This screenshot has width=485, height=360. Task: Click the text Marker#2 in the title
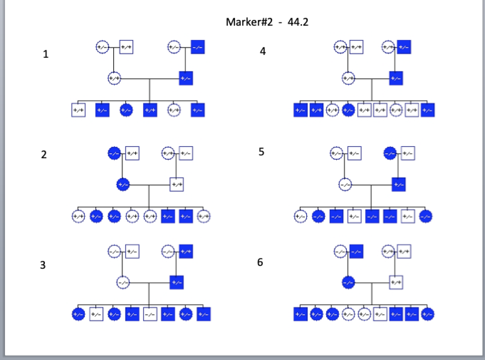tap(249, 22)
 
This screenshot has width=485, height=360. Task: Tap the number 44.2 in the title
tap(298, 22)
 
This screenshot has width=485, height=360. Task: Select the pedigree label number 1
tap(46, 54)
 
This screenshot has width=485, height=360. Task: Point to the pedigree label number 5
tap(261, 152)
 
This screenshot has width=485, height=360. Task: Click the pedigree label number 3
tap(43, 265)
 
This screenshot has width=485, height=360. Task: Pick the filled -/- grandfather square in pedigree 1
tap(198, 47)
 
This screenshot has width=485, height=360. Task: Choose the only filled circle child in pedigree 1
tap(126, 110)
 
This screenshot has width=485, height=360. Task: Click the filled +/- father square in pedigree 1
tap(186, 78)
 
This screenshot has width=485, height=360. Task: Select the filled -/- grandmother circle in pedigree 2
tap(114, 153)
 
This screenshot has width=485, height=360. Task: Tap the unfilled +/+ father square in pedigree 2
tap(177, 185)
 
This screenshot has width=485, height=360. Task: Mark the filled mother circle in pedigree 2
tap(123, 185)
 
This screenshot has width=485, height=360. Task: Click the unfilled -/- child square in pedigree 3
tap(150, 314)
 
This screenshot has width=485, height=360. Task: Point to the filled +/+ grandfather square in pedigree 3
tap(186, 252)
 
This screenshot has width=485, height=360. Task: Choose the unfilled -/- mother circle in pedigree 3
tap(123, 283)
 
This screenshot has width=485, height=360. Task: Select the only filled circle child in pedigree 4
tap(348, 110)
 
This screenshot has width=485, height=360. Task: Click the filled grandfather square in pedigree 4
tap(404, 47)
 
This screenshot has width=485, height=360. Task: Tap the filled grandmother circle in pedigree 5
tap(390, 153)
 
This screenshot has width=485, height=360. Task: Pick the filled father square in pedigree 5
tap(398, 185)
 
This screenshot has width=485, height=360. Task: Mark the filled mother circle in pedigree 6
tap(348, 283)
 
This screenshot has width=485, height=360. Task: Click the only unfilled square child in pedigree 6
tap(380, 314)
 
